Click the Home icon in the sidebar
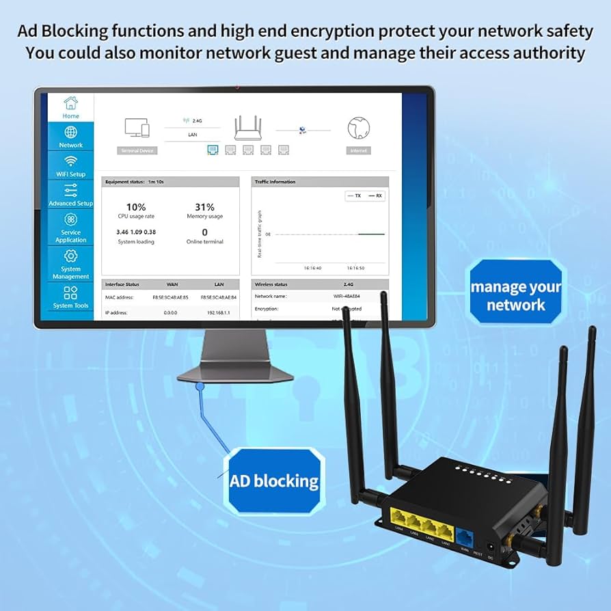coord(70,103)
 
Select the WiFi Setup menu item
coord(70,165)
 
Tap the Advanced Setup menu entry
coord(70,195)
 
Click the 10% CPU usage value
coord(135,207)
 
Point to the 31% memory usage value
coord(204,207)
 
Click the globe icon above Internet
coord(358,128)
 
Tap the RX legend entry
coord(375,195)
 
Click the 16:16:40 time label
coord(312,268)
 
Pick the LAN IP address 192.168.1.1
coord(219,312)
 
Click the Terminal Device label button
coord(137,150)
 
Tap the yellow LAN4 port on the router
coord(400,519)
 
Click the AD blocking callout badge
coord(274,480)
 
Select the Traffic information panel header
coord(320,182)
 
